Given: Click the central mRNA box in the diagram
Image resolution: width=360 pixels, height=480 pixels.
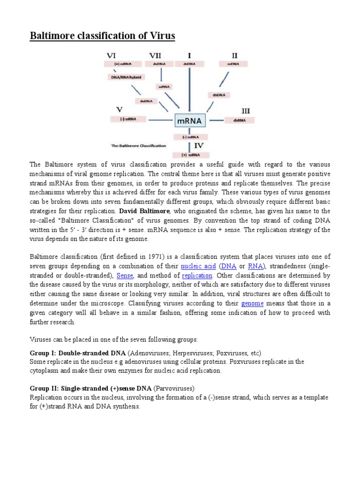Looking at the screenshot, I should point(189,121).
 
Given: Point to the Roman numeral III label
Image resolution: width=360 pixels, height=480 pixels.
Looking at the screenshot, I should point(245,111).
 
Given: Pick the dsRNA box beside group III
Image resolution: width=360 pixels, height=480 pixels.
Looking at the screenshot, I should point(239,120).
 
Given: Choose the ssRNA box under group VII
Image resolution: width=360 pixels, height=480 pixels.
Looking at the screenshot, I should point(165,87).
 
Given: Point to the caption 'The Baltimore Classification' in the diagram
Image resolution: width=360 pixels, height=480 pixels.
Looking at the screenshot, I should point(138,146).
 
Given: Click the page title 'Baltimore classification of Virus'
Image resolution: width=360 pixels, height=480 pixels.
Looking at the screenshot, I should point(102,36).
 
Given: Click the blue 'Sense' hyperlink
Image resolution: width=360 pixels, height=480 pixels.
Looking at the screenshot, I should point(125,275).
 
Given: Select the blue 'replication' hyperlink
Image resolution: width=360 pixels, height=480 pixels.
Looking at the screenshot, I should point(197,275).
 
